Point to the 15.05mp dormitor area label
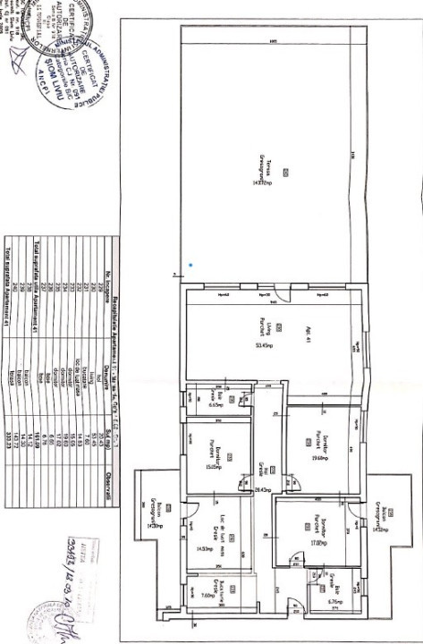216,465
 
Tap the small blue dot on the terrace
190,265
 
